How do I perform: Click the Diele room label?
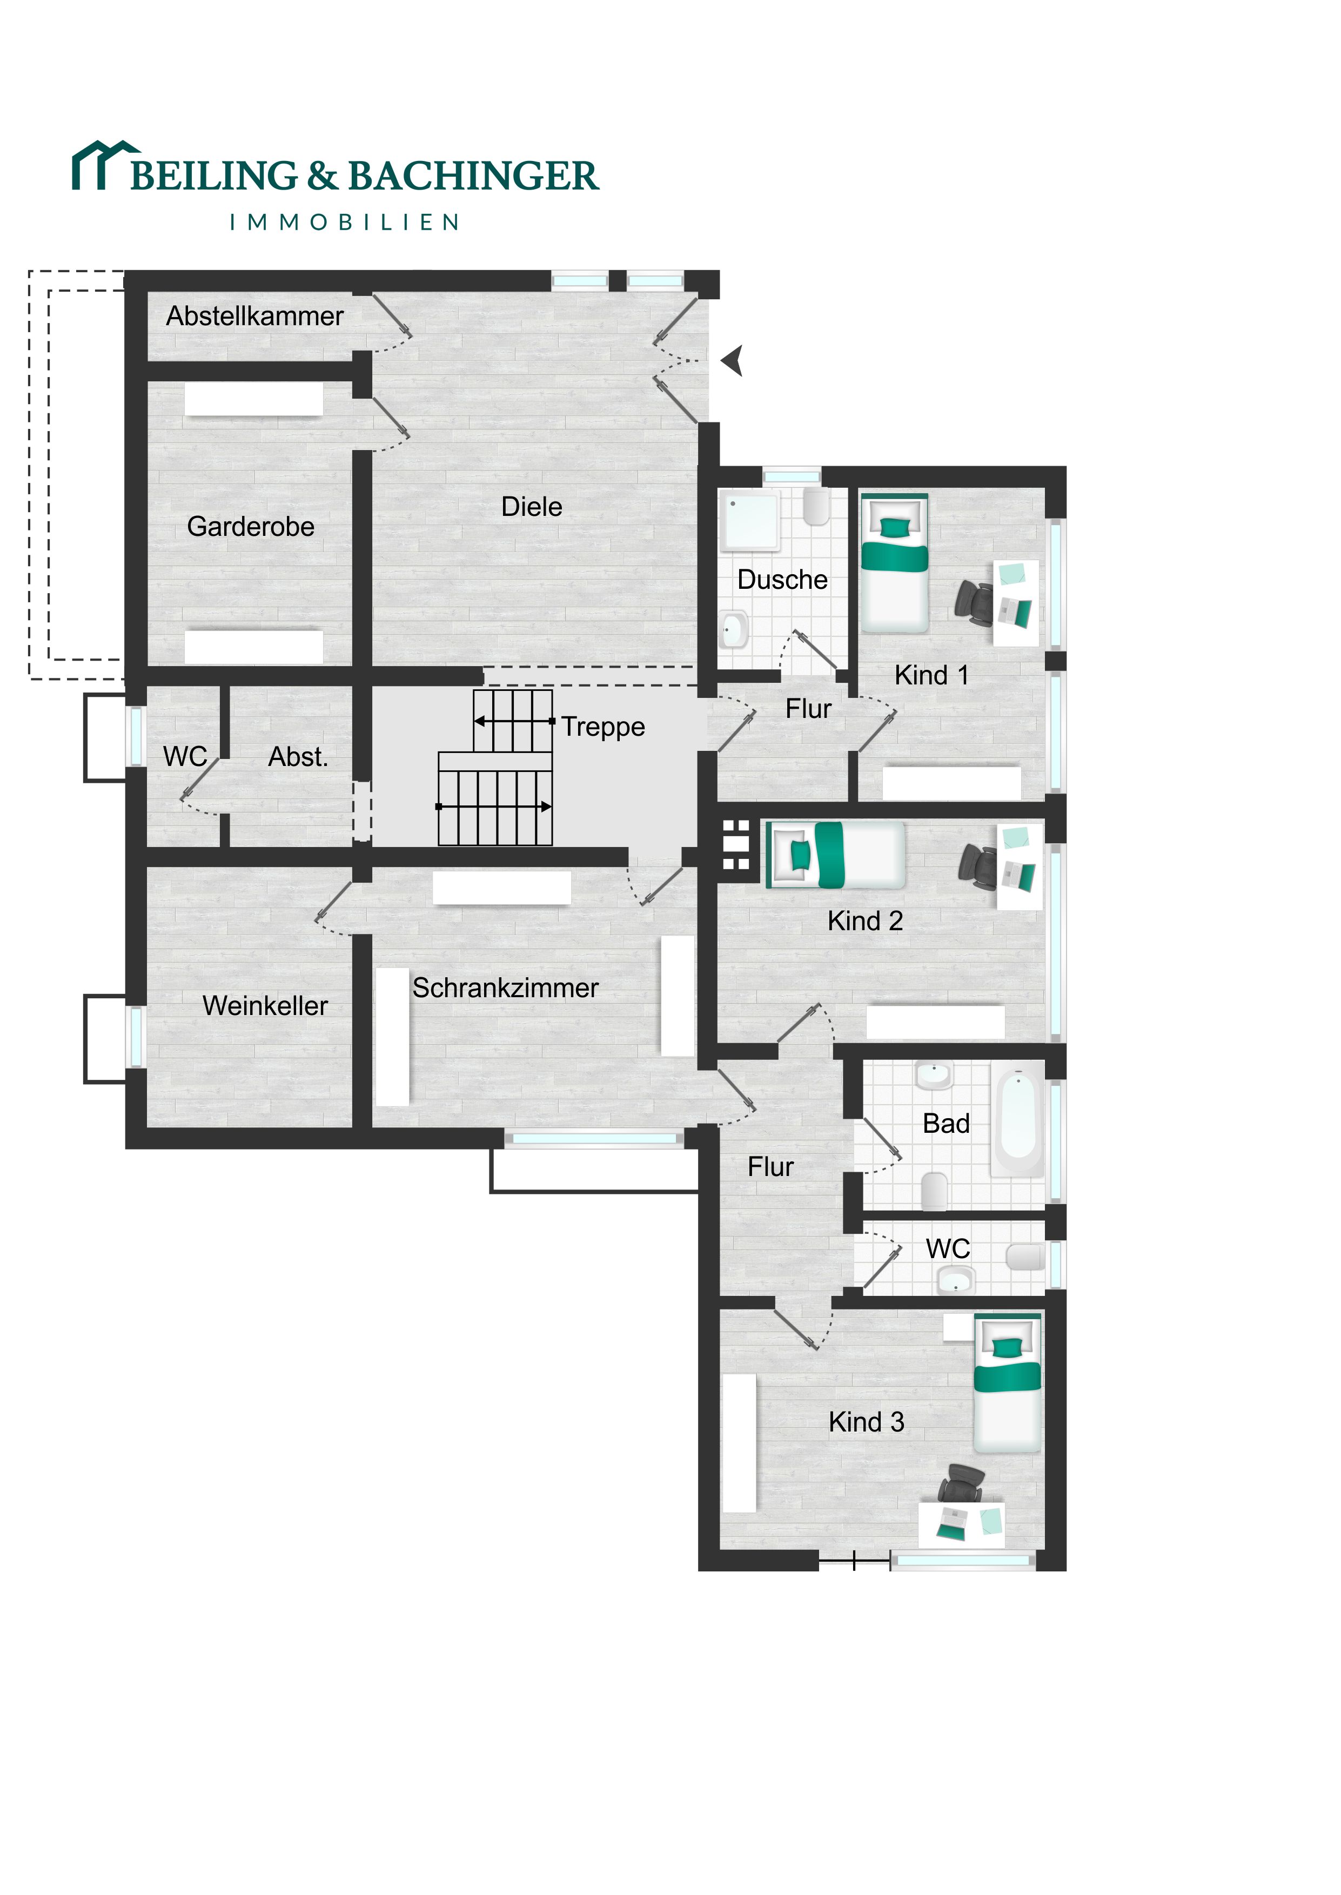532,507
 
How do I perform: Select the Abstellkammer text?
254,316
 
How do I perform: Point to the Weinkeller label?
265,1005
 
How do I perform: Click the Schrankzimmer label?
505,988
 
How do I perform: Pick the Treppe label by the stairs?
604,727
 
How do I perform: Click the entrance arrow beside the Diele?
733,361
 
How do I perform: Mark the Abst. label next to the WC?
298,757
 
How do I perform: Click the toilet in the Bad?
934,1190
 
